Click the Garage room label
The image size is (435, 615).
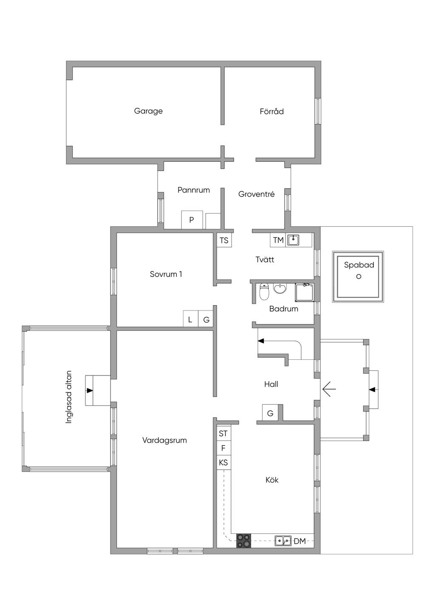point(148,111)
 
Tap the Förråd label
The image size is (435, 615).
point(271,111)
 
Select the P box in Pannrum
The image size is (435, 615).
point(192,220)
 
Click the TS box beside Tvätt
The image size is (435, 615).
point(224,240)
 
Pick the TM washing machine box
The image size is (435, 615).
point(278,240)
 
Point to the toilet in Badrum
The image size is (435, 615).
point(264,292)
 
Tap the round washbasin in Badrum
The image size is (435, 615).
point(280,289)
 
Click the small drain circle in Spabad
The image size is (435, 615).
point(359,276)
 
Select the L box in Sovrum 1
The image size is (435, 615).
point(190,319)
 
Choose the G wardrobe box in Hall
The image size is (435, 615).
point(270,413)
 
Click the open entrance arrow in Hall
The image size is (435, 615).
point(329,389)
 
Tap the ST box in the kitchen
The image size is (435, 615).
point(223,434)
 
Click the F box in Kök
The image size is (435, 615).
point(223,448)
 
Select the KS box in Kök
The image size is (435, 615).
point(223,463)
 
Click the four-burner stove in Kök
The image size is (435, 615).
point(244,541)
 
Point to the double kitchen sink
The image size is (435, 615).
point(283,541)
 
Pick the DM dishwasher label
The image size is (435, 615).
point(300,541)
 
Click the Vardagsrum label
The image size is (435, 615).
point(164,440)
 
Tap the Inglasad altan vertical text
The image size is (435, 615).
point(69,397)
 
